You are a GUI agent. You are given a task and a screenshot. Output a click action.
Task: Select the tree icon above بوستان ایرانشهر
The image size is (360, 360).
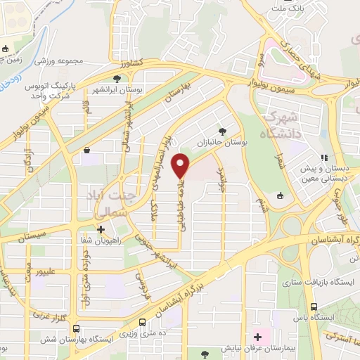pyautogui.click(x=117, y=79)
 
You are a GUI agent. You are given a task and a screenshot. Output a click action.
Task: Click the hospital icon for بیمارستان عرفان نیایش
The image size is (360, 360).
pyautogui.click(x=258, y=337)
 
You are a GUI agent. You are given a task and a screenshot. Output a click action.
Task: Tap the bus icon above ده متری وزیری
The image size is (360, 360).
pyautogui.click(x=143, y=322)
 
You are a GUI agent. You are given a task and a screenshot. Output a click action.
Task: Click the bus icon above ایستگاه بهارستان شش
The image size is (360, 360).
pyautogui.click(x=77, y=328)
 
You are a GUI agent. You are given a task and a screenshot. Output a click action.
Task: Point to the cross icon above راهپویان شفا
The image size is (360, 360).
pyautogui.click(x=101, y=229)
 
